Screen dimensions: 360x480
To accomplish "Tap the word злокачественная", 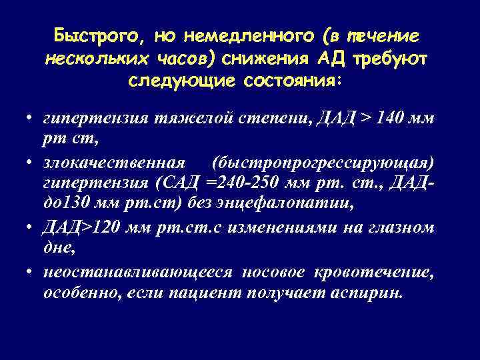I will click(113, 164).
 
